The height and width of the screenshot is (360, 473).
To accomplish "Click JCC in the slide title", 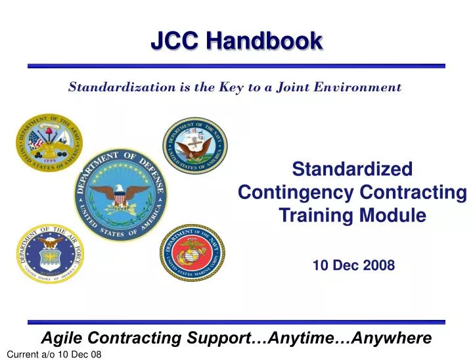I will tap(175, 41).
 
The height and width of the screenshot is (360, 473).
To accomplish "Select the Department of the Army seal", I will tap(49, 142).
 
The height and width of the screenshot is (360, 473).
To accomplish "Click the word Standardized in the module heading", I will tap(352, 169).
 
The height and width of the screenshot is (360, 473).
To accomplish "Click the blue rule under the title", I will tap(236, 66).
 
